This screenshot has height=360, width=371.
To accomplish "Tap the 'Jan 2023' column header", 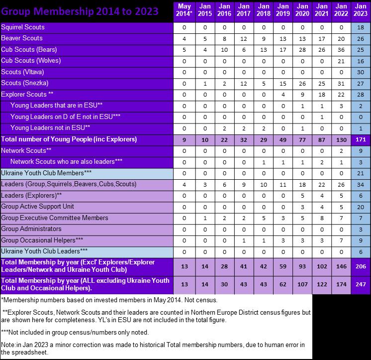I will tap(360, 11).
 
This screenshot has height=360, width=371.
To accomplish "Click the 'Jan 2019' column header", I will tap(282, 11).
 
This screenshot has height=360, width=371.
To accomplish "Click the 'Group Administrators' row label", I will tap(31, 229).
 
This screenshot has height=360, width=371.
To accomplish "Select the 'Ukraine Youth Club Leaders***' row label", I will tap(45, 251).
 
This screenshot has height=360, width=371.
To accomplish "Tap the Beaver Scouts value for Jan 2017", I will tap(244, 38).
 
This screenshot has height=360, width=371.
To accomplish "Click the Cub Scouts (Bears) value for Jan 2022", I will tap(341, 50).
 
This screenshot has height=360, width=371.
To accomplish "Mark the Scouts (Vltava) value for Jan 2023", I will tap(360, 72).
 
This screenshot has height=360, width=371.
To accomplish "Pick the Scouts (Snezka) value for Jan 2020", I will tap(302, 83).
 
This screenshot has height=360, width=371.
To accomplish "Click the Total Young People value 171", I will tap(360, 139).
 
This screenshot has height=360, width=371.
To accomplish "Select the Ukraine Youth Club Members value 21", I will tap(360, 173).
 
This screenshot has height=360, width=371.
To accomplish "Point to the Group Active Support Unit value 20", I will tap(360, 207).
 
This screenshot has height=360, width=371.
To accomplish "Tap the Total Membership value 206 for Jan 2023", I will tap(360, 266).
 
